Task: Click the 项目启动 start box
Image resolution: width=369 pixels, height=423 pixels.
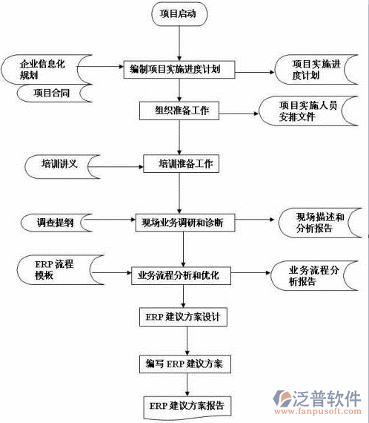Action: pyautogui.click(x=179, y=15)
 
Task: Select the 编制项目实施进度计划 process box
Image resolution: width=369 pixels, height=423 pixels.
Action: pyautogui.click(x=179, y=70)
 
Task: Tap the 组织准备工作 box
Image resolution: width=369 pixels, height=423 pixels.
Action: pyautogui.click(x=179, y=111)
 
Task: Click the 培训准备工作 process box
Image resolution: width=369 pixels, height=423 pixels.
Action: pyautogui.click(x=182, y=164)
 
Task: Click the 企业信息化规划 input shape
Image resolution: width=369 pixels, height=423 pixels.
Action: pyautogui.click(x=41, y=68)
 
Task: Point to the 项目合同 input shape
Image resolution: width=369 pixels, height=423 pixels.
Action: pyautogui.click(x=50, y=94)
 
